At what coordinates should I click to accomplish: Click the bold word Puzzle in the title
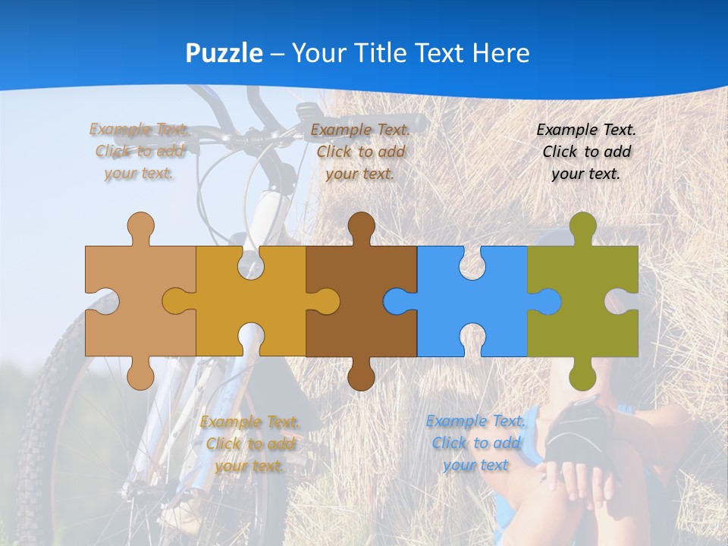point(224,54)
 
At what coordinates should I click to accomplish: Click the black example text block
point(586,152)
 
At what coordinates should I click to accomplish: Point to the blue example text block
point(475,443)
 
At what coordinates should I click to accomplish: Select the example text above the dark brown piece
point(360,152)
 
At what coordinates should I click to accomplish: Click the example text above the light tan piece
point(140,152)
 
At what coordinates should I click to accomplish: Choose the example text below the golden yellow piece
point(249,444)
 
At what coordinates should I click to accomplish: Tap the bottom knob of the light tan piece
point(140,376)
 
